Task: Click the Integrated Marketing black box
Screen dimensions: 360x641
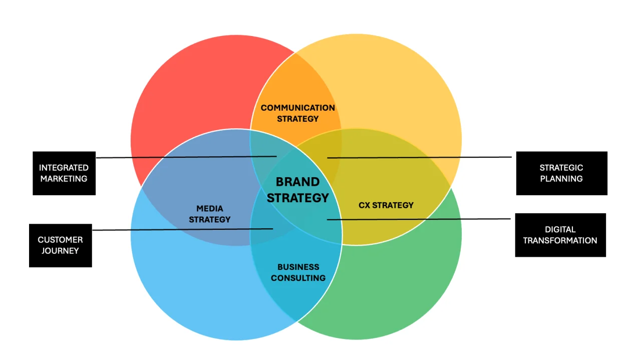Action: pos(64,173)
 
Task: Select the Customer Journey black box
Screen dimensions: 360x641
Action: pos(60,245)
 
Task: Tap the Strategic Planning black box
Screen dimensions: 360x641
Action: pos(561,173)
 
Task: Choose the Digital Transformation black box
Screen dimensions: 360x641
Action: pos(560,235)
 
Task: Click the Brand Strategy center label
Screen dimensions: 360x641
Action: pos(297,190)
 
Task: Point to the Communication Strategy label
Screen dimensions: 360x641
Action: pos(297,113)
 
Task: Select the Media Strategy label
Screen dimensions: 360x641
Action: pos(210,214)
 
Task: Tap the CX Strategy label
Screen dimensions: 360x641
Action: pos(386,205)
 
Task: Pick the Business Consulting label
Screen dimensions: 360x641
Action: pos(298,272)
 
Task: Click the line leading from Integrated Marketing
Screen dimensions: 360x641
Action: pos(185,157)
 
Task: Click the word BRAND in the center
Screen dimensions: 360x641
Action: pos(297,182)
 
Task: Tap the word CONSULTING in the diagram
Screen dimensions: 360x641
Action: pos(298,278)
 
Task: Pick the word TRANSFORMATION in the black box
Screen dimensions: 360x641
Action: pos(560,240)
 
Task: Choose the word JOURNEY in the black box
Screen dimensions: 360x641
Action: pos(60,251)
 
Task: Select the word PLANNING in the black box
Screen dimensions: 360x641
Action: pos(561,179)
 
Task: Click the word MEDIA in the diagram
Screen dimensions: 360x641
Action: pos(210,208)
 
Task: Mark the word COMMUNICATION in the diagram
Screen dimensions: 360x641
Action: pos(297,108)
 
